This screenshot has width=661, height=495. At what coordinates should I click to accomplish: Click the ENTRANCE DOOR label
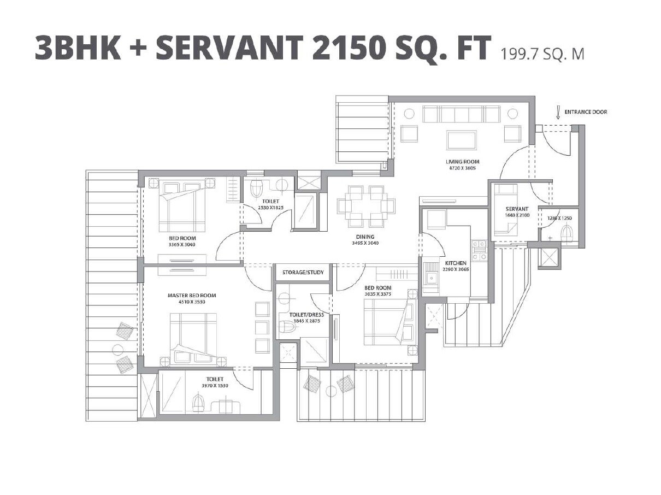pyautogui.click(x=586, y=113)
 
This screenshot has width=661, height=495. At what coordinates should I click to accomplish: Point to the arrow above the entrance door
pyautogui.click(x=557, y=114)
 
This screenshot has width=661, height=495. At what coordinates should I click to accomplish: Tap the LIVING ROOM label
pyautogui.click(x=462, y=162)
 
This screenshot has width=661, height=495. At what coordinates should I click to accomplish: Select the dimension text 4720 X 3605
pyautogui.click(x=462, y=168)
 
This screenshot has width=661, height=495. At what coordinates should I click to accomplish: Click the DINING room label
pyautogui.click(x=365, y=237)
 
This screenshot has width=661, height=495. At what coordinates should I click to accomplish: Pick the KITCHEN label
pyautogui.click(x=456, y=263)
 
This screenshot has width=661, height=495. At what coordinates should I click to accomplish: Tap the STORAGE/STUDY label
pyautogui.click(x=303, y=272)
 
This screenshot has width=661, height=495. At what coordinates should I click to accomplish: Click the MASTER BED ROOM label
pyautogui.click(x=192, y=296)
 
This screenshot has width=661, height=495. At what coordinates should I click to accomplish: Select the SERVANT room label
pyautogui.click(x=517, y=209)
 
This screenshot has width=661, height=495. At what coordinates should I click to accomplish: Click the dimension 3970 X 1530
pyautogui.click(x=215, y=386)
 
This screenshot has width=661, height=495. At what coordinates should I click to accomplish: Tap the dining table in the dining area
pyautogui.click(x=365, y=206)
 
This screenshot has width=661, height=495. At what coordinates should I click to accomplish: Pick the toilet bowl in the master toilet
pyautogui.click(x=198, y=404)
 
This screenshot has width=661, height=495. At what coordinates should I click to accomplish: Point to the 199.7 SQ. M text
pyautogui.click(x=541, y=55)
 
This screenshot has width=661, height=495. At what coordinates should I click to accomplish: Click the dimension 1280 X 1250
pyautogui.click(x=559, y=218)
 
